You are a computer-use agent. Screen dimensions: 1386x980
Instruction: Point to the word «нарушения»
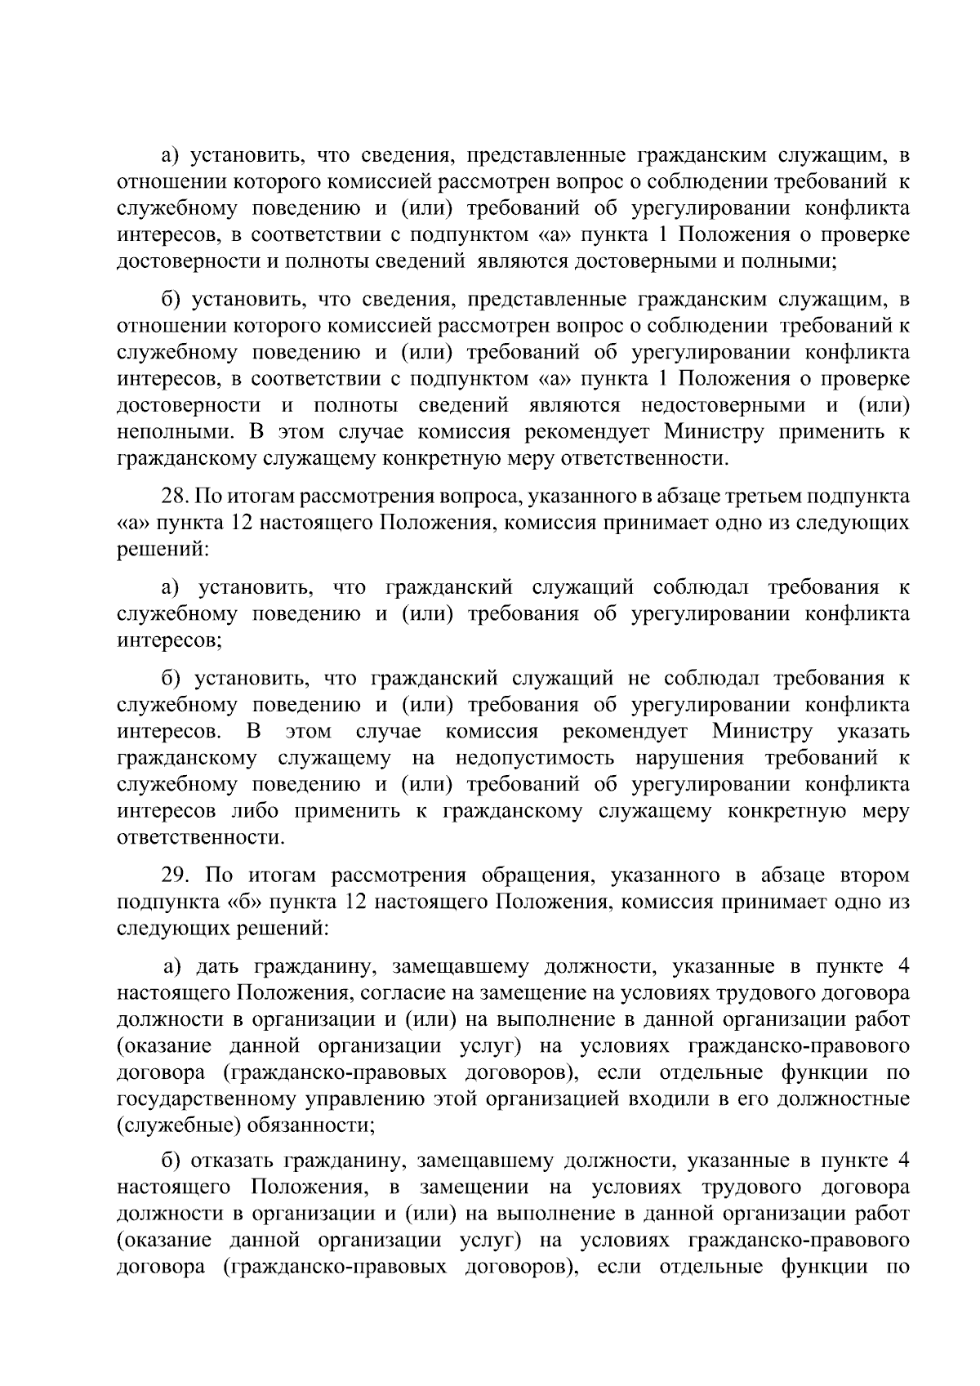690,758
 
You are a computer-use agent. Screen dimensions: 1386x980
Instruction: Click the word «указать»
873,731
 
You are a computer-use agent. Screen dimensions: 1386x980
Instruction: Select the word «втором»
874,876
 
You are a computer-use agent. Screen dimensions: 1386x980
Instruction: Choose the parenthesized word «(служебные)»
177,1126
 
